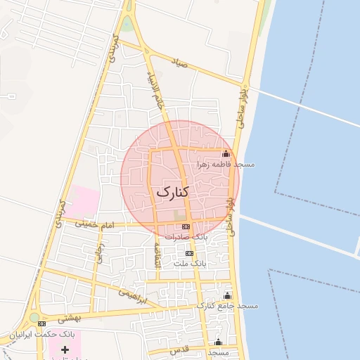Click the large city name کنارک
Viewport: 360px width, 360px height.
click(x=172, y=191)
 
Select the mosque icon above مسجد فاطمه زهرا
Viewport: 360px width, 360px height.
click(x=226, y=154)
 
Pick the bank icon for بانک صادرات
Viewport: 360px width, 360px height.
click(x=186, y=226)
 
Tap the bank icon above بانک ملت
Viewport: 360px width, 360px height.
click(x=188, y=253)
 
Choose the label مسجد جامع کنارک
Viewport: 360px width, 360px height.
click(x=227, y=306)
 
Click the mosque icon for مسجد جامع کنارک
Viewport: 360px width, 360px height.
click(x=227, y=296)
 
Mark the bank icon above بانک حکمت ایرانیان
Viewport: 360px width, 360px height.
click(x=41, y=323)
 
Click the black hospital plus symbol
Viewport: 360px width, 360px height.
click(x=65, y=349)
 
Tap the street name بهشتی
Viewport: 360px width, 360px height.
click(x=71, y=318)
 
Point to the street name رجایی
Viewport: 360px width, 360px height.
click(x=101, y=252)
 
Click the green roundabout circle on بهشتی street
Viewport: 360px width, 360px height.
click(x=33, y=317)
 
